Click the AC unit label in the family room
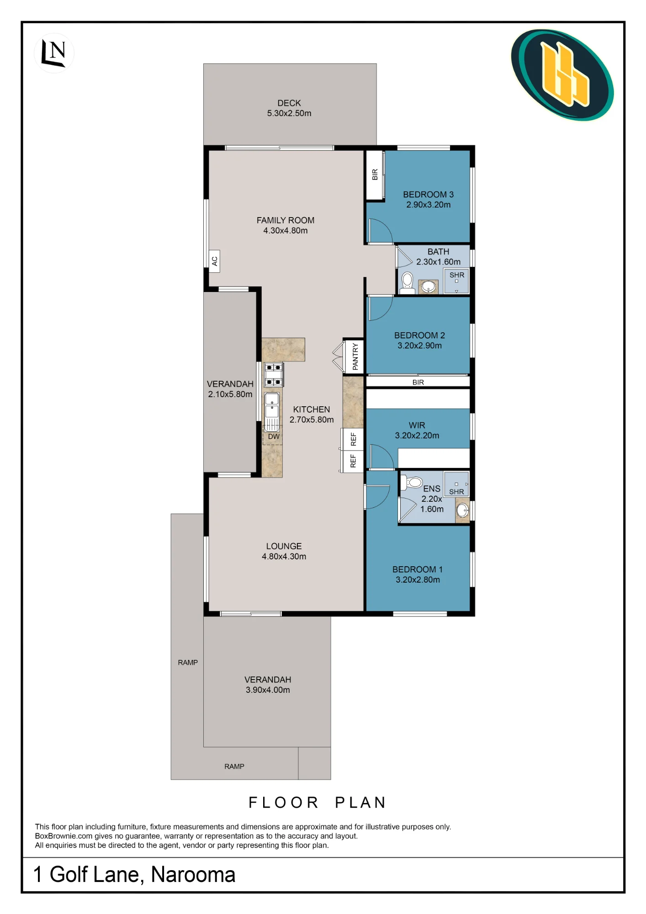click(214, 261)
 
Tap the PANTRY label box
click(355, 356)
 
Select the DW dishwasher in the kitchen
click(273, 435)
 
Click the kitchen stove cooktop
click(274, 374)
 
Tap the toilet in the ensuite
click(412, 482)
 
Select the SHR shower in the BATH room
click(456, 281)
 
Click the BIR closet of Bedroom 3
click(375, 175)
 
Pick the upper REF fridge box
click(353, 439)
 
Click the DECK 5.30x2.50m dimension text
click(289, 113)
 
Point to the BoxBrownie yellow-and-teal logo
click(562, 75)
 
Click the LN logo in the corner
click(54, 53)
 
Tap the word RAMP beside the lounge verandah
click(188, 662)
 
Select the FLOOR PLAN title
click(317, 802)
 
